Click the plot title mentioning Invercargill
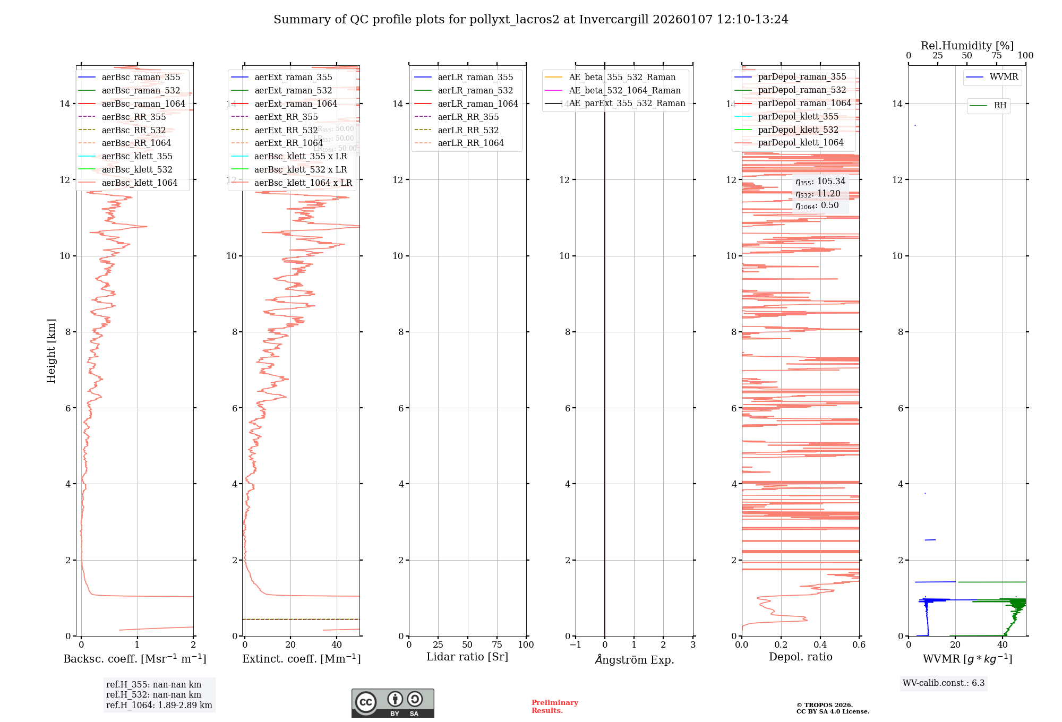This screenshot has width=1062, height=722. click(530, 20)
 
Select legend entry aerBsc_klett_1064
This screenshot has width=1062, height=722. click(139, 183)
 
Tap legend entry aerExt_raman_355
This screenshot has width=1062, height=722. click(293, 77)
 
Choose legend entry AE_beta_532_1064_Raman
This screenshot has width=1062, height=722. click(624, 90)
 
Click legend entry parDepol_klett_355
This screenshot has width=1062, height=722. click(798, 116)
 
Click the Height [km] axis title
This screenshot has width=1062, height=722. click(51, 351)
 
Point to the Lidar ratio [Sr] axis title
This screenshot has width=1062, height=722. click(467, 657)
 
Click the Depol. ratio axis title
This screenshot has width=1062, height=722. click(800, 657)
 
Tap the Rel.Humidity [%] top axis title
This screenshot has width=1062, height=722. click(967, 46)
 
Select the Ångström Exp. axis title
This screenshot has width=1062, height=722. click(634, 659)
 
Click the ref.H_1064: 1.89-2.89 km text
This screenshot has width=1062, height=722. click(159, 705)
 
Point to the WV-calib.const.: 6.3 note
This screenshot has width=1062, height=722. click(944, 683)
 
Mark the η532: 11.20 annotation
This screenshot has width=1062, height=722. click(818, 194)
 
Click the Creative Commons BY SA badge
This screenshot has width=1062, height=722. click(392, 703)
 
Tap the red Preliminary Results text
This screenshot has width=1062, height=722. click(554, 707)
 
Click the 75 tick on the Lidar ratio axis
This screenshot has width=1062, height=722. click(497, 644)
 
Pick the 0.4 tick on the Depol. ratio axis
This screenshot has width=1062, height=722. click(820, 644)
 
